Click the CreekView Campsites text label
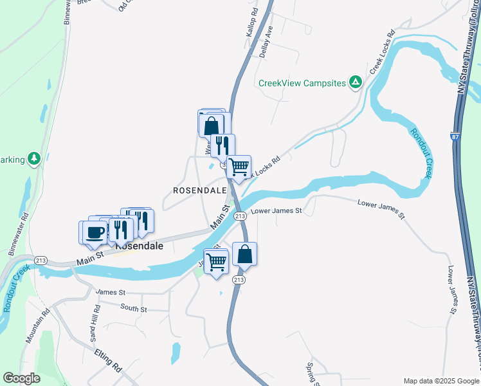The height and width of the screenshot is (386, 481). point(302,83)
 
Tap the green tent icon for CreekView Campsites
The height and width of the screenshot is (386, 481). point(355,82)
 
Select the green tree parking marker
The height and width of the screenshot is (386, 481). point(34,158)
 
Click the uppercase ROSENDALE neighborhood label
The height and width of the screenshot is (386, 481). point(200,190)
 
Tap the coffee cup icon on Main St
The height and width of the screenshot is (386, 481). point(94,232)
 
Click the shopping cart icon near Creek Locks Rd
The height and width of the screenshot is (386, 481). point(239,167)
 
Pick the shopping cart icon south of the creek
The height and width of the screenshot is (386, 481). point(217,261)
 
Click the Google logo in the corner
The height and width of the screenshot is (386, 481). point(21,378)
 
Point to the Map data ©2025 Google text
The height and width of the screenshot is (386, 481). point(440,380)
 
